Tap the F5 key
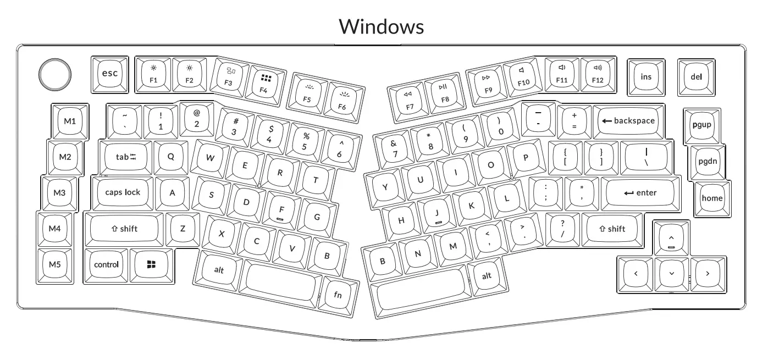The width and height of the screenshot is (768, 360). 307,92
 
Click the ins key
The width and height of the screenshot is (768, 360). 646,77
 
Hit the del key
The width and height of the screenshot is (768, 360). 696,77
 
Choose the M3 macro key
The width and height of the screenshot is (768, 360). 60,193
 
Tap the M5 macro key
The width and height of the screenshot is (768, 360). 54,264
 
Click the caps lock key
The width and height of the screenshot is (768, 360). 123,192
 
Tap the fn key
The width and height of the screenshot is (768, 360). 338,295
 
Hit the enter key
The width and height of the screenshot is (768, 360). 640,193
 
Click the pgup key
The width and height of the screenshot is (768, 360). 701,124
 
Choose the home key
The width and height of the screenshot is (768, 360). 712,198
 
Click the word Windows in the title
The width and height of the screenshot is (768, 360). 381,26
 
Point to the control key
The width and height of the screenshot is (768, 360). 106,264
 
